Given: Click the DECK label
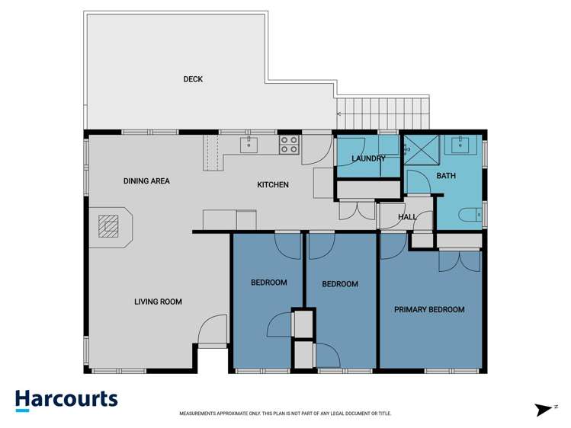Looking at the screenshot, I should pyautogui.click(x=193, y=79).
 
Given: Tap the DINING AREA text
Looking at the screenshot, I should pyautogui.click(x=146, y=181).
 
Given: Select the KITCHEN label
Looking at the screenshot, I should pyautogui.click(x=272, y=184).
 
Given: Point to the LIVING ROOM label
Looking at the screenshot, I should pyautogui.click(x=158, y=302).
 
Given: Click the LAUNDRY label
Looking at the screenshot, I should pyautogui.click(x=368, y=158).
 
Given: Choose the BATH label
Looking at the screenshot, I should pyautogui.click(x=445, y=177).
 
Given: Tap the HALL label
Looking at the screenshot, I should pyautogui.click(x=407, y=217).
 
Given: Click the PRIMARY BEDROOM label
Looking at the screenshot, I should pyautogui.click(x=429, y=310).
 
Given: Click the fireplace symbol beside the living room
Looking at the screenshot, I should pyautogui.click(x=111, y=227).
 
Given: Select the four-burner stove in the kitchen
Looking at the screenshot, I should pyautogui.click(x=288, y=145).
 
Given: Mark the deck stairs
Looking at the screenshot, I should pyautogui.click(x=383, y=114).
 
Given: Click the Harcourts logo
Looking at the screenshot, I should pyautogui.click(x=66, y=400).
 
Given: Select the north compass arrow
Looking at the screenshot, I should pyautogui.click(x=544, y=410).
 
